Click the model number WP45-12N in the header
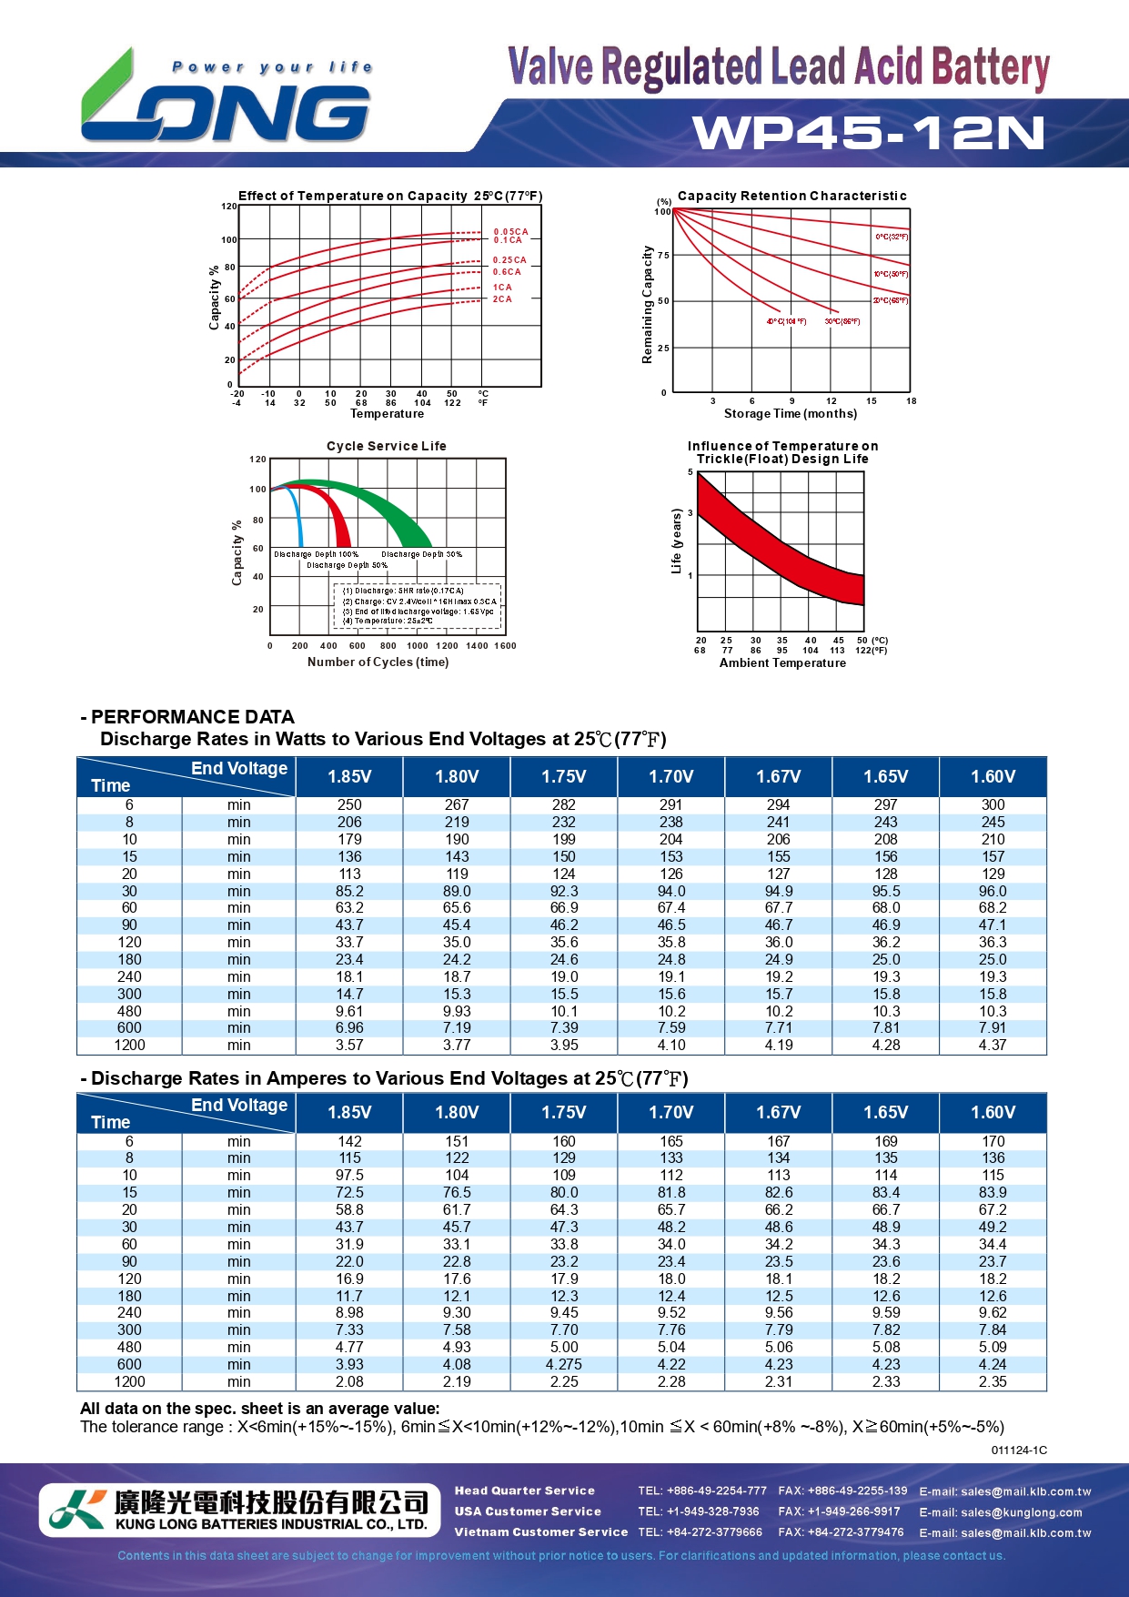(868, 133)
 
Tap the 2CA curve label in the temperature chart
(502, 299)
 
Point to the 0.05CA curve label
(510, 232)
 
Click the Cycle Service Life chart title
(387, 446)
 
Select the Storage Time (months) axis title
(790, 414)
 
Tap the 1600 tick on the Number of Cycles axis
(505, 646)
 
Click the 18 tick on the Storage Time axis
(912, 401)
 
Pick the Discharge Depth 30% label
(421, 554)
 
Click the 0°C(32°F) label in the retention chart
(892, 238)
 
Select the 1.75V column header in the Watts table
(564, 777)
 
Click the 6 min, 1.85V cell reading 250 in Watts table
(349, 805)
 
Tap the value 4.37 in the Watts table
(993, 1046)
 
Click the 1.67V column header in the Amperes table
(779, 1113)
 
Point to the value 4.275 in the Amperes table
(564, 1365)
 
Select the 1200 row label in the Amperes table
(129, 1382)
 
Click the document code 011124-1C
(1019, 1450)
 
